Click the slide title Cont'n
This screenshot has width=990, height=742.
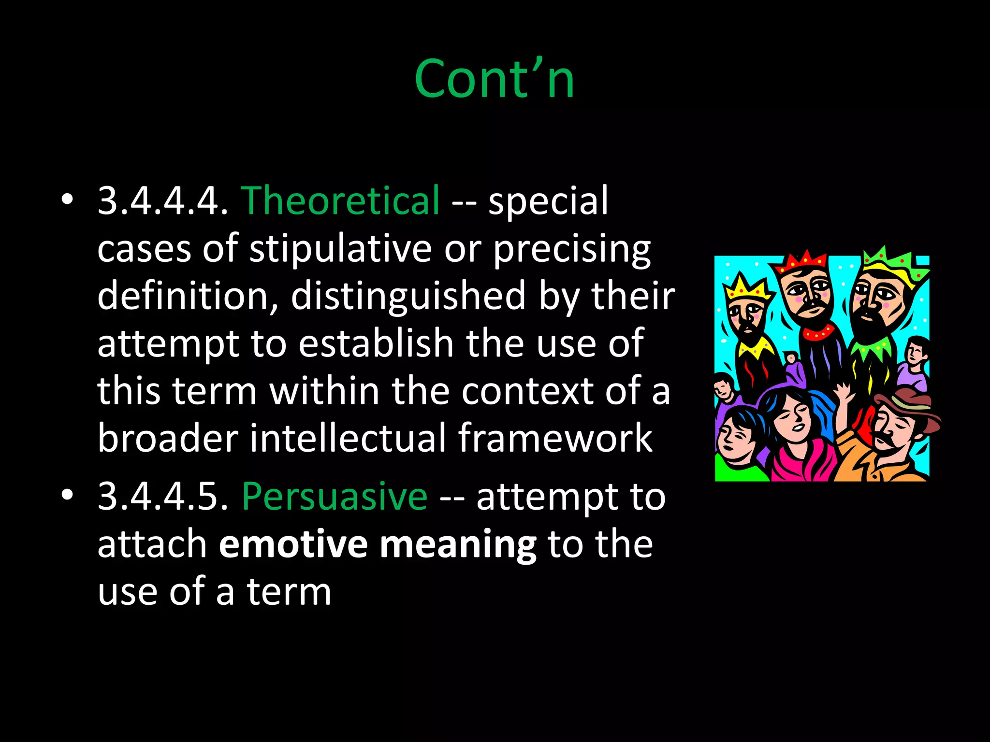click(495, 79)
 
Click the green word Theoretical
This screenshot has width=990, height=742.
click(340, 200)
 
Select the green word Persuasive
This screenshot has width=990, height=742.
click(335, 496)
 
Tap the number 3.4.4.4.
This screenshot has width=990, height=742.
click(162, 200)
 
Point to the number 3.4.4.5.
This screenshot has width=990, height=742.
click(162, 496)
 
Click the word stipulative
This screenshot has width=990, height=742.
click(340, 249)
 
